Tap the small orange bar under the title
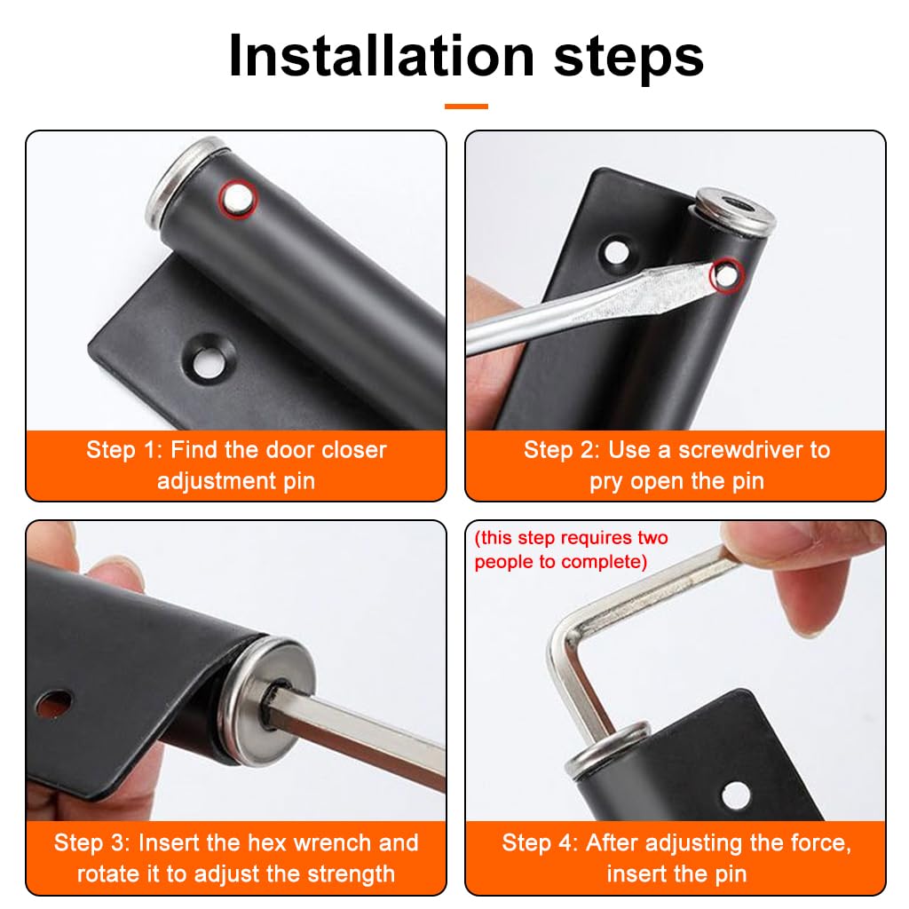[466, 107]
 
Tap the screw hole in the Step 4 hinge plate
[734, 794]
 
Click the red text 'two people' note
[571, 549]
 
